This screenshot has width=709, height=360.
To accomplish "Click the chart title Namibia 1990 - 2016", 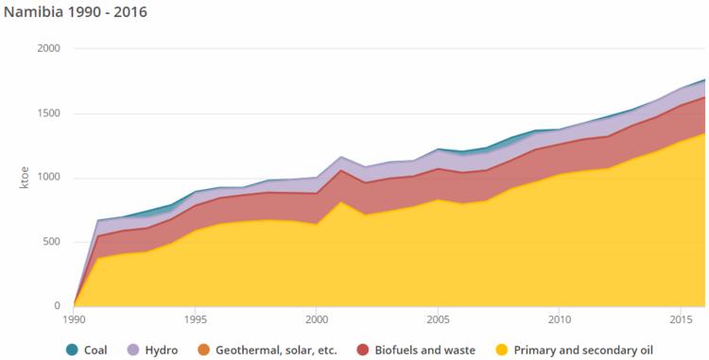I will click(x=75, y=13).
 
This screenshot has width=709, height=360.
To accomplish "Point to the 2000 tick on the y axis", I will click(x=48, y=49).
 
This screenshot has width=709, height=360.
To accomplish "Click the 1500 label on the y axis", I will click(x=48, y=113).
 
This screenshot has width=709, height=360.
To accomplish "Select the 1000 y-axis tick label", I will click(x=48, y=178).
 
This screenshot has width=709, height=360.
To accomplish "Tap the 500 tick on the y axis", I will click(x=51, y=242).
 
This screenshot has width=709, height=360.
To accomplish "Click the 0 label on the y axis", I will click(x=57, y=306).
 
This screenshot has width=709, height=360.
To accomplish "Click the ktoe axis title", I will click(x=25, y=177).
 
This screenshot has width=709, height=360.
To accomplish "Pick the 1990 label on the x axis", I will click(x=74, y=320).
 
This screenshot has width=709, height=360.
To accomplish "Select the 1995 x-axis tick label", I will click(x=195, y=320).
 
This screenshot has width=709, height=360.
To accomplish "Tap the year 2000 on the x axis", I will click(x=317, y=320).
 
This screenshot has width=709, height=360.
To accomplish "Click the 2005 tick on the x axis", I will click(x=438, y=320).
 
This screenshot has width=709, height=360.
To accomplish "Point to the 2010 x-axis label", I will click(x=559, y=320).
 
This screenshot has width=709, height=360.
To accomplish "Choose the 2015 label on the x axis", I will click(x=681, y=320).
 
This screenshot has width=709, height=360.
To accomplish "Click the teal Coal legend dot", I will click(x=73, y=350).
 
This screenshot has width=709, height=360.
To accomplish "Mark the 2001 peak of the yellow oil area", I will click(x=340, y=201).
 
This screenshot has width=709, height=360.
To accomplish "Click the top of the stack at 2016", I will click(x=704, y=80).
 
